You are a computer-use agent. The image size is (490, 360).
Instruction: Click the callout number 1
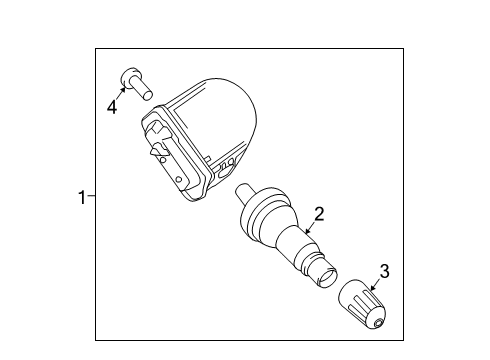click(81, 197)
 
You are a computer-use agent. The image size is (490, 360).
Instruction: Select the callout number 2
click(318, 213)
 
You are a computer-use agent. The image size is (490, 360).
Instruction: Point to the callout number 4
click(111, 106)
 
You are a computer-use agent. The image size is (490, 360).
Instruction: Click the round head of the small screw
click(129, 75)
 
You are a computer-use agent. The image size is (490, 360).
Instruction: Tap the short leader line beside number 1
click(91, 197)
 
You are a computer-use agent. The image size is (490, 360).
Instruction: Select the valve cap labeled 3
click(361, 306)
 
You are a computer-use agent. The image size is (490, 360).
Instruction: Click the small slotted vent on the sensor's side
click(229, 163)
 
